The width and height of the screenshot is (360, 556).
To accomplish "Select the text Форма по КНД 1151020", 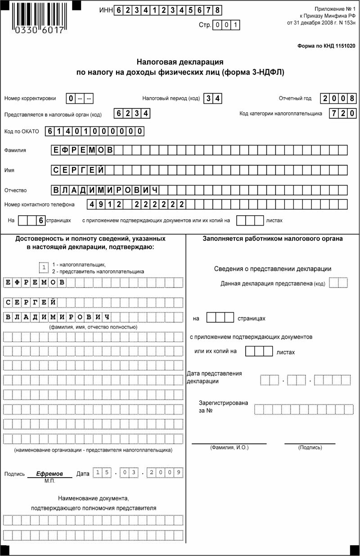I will pyautogui.click(x=326, y=46).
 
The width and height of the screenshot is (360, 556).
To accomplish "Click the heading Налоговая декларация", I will pyautogui.click(x=180, y=62).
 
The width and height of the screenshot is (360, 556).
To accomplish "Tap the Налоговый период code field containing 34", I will pyautogui.click(x=212, y=98).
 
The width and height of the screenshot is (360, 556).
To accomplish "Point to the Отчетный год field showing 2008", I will pyautogui.click(x=339, y=98).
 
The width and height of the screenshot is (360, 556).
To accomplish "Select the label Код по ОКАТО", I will pyautogui.click(x=22, y=131).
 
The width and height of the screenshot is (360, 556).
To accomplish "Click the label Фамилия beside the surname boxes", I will pyautogui.click(x=15, y=150).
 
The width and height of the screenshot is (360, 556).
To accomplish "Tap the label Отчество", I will pyautogui.click(x=16, y=190).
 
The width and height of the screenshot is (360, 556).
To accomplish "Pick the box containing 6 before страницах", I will pyautogui.click(x=41, y=221).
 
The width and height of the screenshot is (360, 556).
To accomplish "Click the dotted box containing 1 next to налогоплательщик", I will pyautogui.click(x=44, y=268).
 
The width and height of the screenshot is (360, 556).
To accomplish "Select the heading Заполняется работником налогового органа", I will pyautogui.click(x=273, y=239).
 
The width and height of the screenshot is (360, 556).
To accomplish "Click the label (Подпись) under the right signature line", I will pyautogui.click(x=310, y=448).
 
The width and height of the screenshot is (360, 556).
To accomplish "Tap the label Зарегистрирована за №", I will pyautogui.click(x=223, y=407).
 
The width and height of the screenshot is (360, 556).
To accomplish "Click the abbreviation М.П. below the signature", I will pyautogui.click(x=49, y=481).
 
